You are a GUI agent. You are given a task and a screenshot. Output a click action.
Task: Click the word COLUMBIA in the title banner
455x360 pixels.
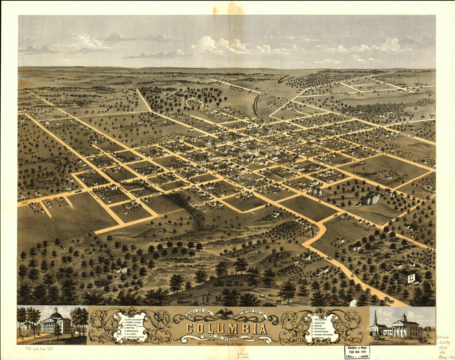tap(227, 329)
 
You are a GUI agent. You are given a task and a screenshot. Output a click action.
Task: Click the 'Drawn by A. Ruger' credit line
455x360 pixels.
tap(230, 344)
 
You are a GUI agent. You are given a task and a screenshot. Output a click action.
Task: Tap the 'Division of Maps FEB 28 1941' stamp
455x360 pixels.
tap(356, 352)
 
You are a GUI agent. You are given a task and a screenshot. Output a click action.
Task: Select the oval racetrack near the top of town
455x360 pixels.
tap(195, 103)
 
